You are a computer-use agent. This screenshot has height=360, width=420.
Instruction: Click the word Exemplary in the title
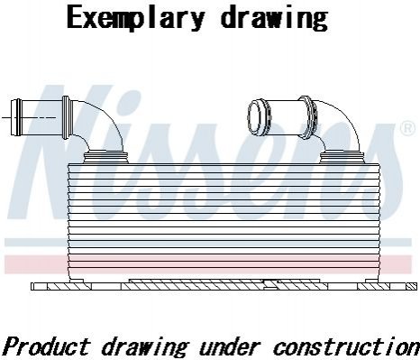tap(136, 18)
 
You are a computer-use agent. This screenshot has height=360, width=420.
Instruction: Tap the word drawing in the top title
tap(274, 18)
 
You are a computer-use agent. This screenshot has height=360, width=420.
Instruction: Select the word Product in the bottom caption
tap(47, 346)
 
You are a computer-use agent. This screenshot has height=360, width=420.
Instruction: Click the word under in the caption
tap(229, 346)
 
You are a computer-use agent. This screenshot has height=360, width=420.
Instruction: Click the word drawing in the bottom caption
tap(145, 347)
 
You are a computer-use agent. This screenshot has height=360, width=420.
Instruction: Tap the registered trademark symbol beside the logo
tap(407, 127)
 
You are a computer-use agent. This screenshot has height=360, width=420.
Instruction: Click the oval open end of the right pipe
tap(255, 116)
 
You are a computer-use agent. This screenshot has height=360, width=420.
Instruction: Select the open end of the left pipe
tap(16, 117)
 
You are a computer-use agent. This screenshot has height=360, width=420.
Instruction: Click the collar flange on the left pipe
tap(66, 117)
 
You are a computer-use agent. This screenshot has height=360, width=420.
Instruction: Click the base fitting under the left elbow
tap(105, 158)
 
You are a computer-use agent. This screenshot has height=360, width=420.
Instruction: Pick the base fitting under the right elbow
tap(342, 158)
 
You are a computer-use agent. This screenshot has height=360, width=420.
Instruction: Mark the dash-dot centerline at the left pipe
tap(29, 117)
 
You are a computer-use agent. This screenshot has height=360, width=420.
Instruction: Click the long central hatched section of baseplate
tap(224, 285)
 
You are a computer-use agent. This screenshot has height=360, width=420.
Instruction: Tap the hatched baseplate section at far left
tap(69, 286)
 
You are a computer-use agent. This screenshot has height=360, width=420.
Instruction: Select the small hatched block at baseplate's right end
tap(411, 286)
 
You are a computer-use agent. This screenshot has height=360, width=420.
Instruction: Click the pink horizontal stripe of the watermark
tap(208, 264)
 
